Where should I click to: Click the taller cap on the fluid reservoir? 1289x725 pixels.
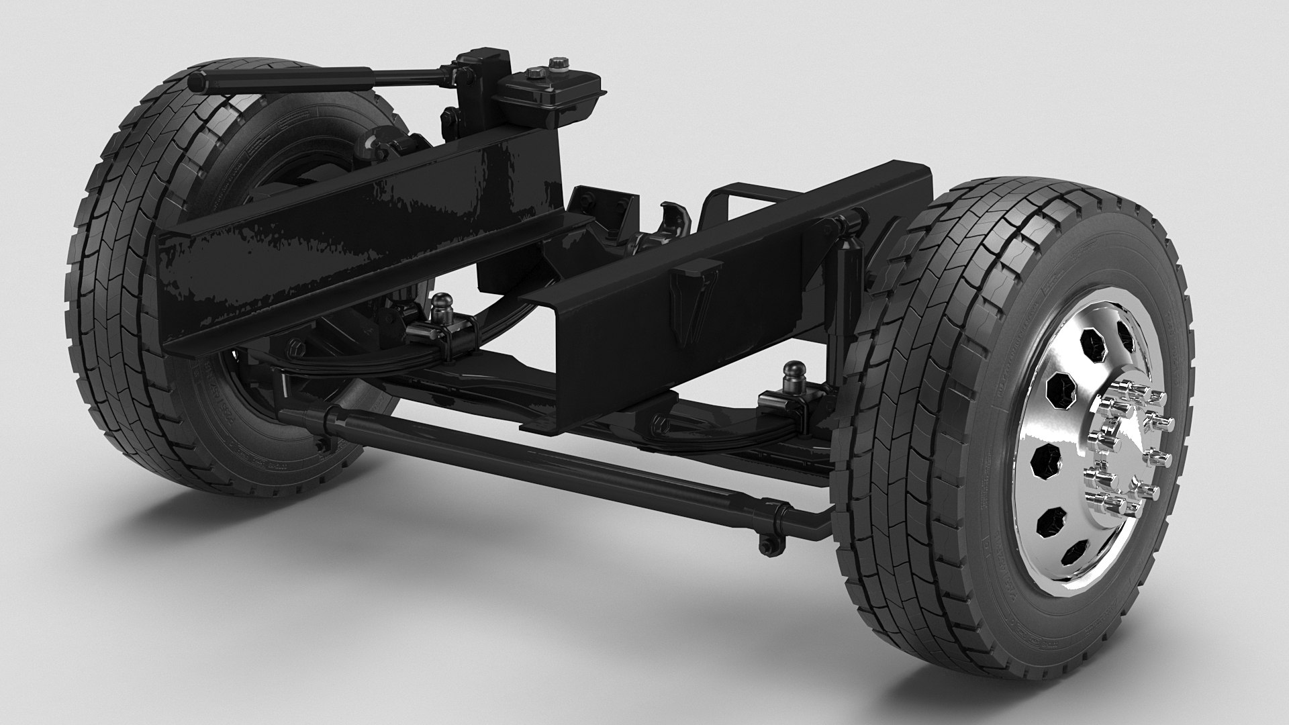tap(558, 65)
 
